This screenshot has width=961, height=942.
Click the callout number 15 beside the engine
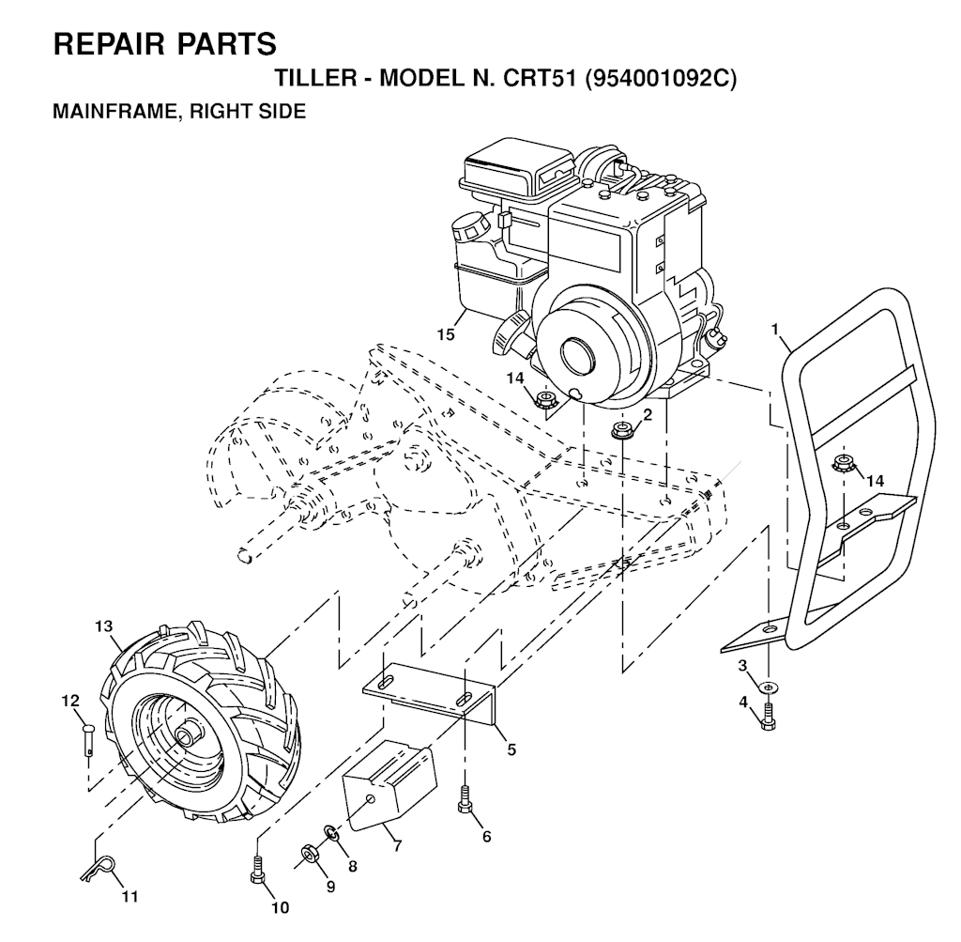[446, 334]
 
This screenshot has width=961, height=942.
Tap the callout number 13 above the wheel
[104, 626]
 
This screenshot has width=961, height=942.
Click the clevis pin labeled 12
[88, 740]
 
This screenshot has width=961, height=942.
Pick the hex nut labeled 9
[308, 853]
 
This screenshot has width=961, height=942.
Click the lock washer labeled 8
[331, 833]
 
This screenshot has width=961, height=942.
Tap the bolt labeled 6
[465, 800]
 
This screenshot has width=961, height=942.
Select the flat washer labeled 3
[768, 687]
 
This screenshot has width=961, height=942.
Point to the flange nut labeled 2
[623, 430]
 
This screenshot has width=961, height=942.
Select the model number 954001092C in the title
[661, 79]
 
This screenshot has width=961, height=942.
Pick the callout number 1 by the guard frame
[774, 330]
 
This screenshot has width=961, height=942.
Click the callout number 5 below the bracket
[511, 749]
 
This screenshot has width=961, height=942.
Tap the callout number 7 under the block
[397, 846]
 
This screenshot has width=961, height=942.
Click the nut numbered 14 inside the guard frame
[843, 464]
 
